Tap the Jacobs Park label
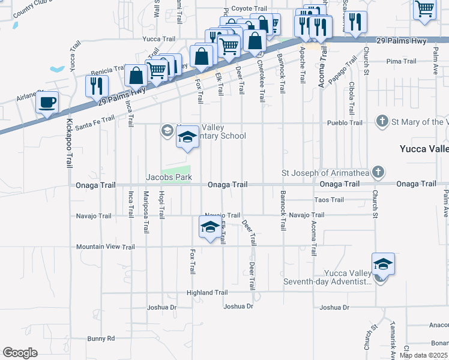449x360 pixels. (169, 177)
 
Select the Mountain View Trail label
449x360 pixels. (106, 247)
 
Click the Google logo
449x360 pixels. (20, 352)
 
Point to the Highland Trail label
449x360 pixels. (207, 293)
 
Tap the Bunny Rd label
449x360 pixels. (100, 339)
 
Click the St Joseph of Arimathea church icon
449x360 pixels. (378, 173)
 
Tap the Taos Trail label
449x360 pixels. (329, 200)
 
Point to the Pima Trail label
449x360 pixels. (402, 61)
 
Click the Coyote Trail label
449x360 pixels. (249, 9)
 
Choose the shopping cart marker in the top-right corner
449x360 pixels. (424, 10)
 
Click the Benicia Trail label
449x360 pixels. (106, 70)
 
